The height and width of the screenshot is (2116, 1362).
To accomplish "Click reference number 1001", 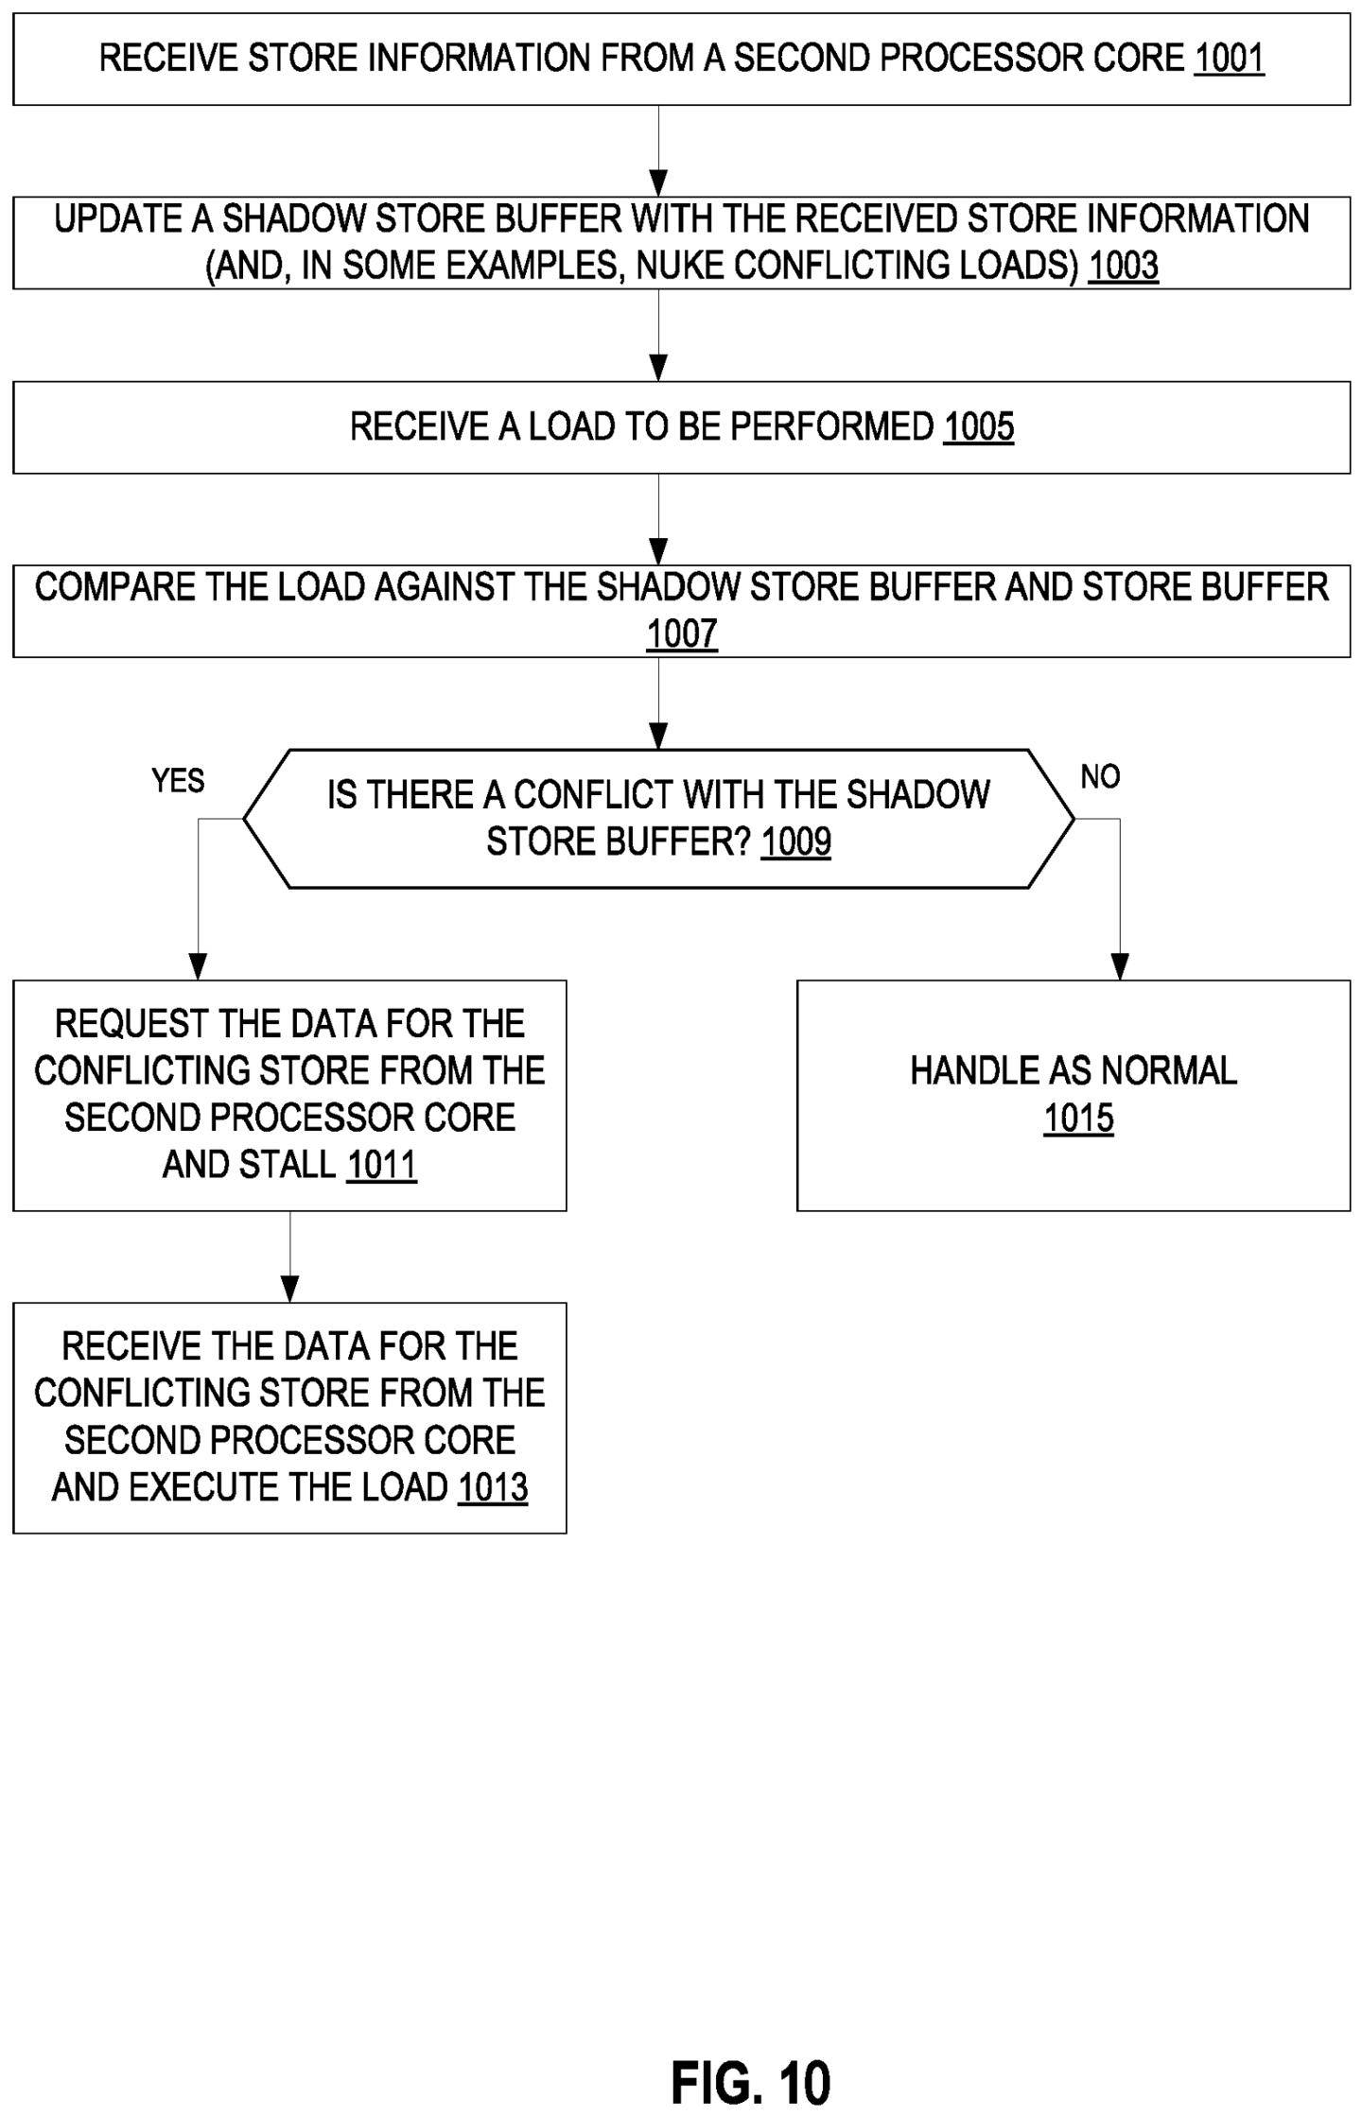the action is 1229,59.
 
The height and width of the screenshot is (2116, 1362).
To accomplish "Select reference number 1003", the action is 1123,266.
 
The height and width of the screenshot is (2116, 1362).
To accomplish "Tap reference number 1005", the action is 979,427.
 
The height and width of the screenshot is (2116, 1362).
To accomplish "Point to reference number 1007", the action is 682,633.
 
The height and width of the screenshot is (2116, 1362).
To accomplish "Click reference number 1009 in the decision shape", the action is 796,841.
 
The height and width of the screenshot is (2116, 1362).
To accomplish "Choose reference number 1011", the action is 381,1165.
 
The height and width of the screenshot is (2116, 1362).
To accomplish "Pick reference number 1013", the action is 493,1488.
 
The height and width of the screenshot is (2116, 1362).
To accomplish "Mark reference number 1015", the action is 1079,1119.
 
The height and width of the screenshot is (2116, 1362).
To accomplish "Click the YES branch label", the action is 178,781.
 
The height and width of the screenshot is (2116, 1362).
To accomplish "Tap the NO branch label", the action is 1100,777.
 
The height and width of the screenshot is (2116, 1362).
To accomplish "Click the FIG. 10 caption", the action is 751,2083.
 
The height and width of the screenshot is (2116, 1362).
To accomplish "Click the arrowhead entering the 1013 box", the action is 290,1290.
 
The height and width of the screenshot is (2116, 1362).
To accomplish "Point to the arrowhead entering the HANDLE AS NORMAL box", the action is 1120,967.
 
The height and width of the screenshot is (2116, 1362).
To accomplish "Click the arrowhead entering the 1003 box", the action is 659,183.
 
